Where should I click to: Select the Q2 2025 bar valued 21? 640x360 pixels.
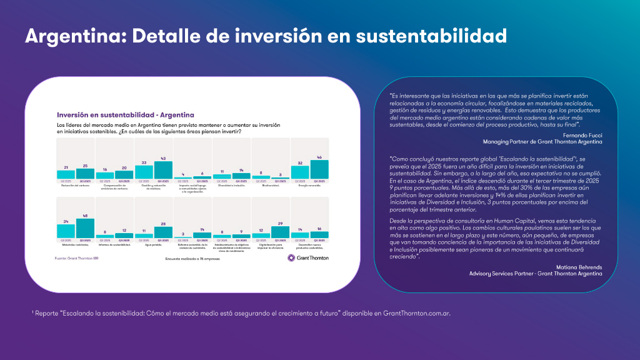[66, 174]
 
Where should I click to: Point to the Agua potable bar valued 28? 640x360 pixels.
[163, 232]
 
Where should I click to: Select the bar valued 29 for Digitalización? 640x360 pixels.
[280, 231]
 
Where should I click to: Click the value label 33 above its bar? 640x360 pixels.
[144, 162]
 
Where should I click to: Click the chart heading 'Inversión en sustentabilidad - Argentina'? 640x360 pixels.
[126, 115]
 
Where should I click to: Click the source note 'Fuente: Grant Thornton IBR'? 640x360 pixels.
[78, 257]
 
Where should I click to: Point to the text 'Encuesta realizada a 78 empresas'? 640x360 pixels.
[192, 257]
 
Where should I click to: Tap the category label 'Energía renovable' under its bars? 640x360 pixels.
[309, 186]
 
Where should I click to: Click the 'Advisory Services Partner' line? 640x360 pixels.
[536, 273]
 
